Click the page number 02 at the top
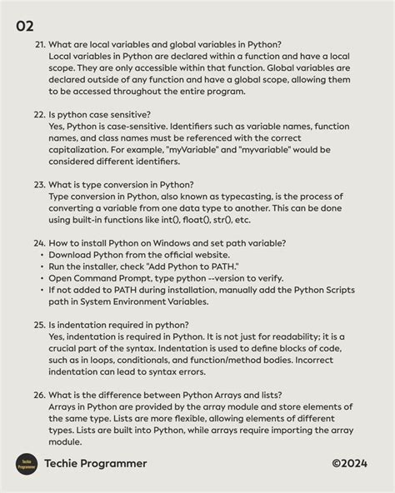click(x=24, y=26)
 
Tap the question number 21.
click(x=39, y=43)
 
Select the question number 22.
click(x=39, y=114)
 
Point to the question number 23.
click(x=39, y=184)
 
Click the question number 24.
click(x=39, y=242)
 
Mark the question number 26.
click(x=39, y=395)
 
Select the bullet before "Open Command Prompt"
click(x=41, y=277)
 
